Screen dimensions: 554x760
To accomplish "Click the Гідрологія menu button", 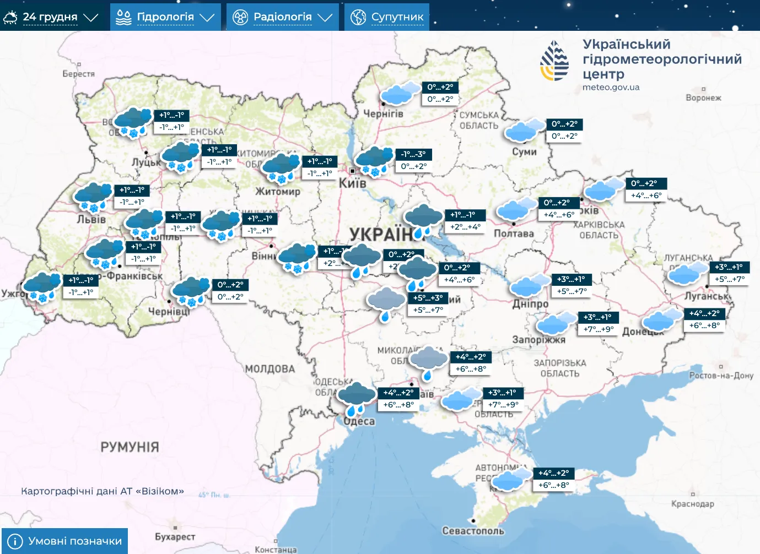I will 165,17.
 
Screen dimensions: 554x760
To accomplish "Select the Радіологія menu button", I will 282,17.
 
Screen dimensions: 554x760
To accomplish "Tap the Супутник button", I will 387,17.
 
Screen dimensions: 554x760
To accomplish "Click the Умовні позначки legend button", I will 64,541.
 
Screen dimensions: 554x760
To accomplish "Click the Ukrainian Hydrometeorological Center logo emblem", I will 554,61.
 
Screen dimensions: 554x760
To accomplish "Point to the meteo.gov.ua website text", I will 611,87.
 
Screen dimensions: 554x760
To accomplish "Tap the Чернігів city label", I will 383,114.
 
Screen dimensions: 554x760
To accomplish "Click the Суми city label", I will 524,151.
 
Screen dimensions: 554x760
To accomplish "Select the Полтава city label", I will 514,233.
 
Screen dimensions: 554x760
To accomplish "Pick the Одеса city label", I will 359,421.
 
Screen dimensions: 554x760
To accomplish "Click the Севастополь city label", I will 473,531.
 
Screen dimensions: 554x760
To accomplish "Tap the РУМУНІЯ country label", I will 130,447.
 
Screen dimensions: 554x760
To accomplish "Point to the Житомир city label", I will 278,192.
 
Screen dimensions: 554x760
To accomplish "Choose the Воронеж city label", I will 703,97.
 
